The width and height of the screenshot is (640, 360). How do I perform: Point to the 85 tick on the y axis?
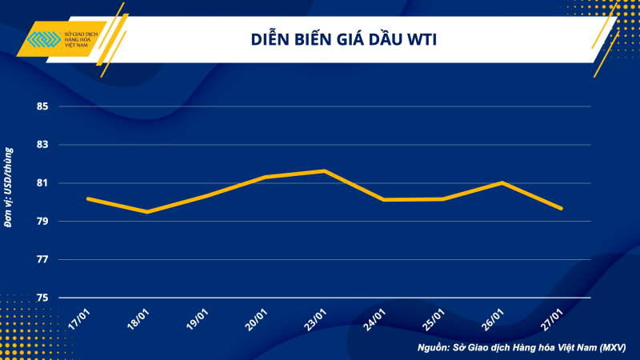coord(42,106)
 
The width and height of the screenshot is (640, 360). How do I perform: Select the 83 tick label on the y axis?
coord(42,145)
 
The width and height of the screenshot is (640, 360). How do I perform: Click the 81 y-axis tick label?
coord(42,183)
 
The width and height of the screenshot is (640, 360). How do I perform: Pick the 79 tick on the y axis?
coord(42,222)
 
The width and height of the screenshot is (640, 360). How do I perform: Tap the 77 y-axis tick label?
coord(42,260)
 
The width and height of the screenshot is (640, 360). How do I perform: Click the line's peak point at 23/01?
coord(324,170)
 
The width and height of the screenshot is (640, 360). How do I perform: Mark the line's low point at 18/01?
coord(147,212)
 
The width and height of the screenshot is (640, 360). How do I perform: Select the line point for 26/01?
coord(502,182)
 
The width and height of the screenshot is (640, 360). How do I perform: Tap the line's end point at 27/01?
coord(561,208)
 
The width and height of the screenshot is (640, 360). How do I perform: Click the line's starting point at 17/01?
coord(88,198)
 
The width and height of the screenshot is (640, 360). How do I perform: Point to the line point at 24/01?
coord(383,199)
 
